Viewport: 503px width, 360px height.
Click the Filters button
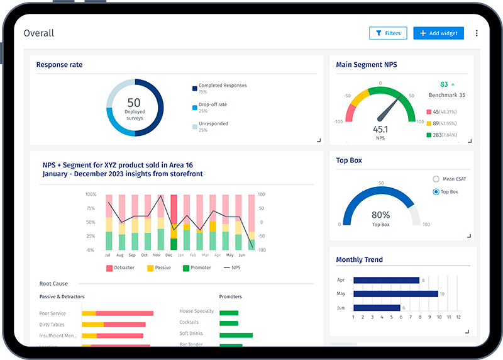click(388, 33)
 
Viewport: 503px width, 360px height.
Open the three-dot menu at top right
click(477, 33)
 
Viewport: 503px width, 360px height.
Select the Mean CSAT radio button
click(436, 179)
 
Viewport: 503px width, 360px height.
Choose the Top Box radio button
click(436, 192)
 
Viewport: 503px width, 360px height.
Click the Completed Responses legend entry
click(222, 86)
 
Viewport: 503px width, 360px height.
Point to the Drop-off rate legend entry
click(213, 104)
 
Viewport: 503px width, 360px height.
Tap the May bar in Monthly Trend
click(395, 293)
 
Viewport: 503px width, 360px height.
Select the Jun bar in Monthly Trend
click(377, 307)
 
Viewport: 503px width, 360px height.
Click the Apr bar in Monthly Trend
click(386, 280)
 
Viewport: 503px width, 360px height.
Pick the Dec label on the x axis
click(169, 256)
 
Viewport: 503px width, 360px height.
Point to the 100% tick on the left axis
click(91, 194)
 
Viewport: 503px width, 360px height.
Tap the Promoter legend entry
click(199, 268)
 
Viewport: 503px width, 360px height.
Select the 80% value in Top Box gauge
click(380, 215)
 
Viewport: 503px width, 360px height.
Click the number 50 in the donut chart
click(134, 102)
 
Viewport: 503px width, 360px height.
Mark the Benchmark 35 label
click(446, 95)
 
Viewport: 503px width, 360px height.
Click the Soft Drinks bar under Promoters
click(236, 335)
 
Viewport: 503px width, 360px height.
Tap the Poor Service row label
click(53, 313)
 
